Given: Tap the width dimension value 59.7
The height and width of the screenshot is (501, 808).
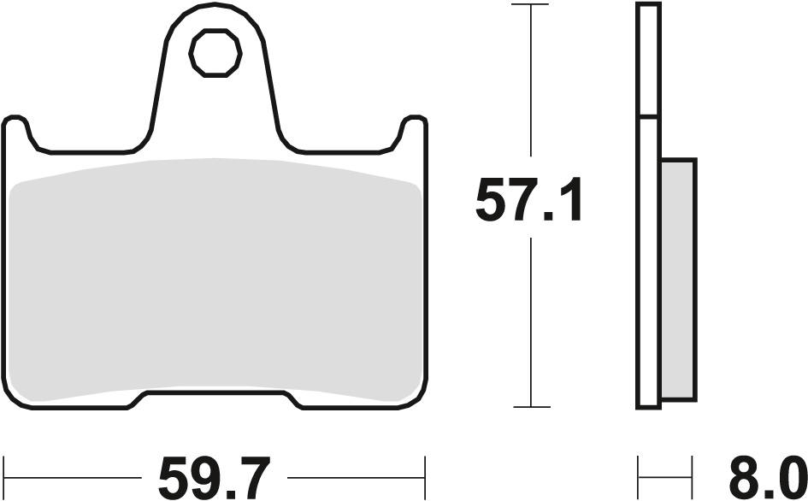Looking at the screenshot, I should [x=215, y=476].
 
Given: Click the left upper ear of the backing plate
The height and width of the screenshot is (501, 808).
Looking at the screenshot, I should [x=17, y=128].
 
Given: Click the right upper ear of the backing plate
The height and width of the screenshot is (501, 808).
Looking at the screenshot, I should [x=413, y=128].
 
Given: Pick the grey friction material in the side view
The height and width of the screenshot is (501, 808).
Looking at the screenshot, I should [x=679, y=278].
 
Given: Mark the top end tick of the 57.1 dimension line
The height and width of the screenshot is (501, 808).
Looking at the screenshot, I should [x=532, y=4].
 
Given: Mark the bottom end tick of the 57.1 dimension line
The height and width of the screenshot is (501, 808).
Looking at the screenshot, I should [x=532, y=406].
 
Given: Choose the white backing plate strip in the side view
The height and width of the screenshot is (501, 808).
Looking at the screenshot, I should [x=648, y=256].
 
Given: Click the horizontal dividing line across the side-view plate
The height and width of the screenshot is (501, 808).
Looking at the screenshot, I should [x=648, y=116].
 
